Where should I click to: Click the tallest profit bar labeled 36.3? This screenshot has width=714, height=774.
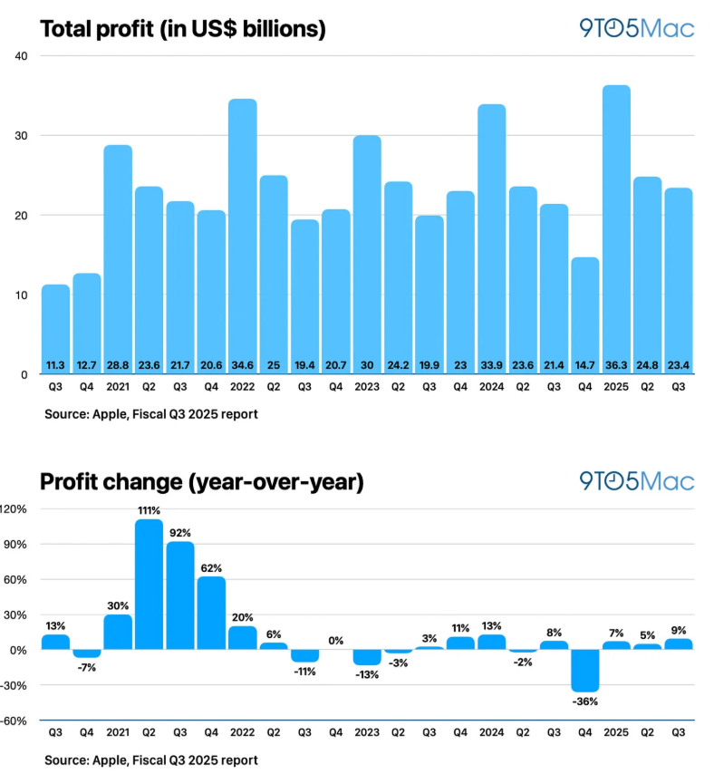click(x=617, y=227)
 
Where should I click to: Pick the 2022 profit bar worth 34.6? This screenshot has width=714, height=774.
click(x=242, y=236)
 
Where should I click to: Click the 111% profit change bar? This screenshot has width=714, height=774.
click(x=149, y=585)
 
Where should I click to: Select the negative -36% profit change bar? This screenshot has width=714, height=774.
click(x=585, y=670)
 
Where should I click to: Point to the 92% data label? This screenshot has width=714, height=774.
click(x=180, y=533)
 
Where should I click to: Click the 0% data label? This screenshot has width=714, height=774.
click(x=336, y=641)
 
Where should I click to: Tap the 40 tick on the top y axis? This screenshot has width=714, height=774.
click(x=21, y=56)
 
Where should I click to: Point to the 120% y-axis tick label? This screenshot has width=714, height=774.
click(x=15, y=509)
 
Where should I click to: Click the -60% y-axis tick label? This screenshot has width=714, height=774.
click(x=15, y=721)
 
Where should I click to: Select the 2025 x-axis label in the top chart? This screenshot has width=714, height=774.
click(x=617, y=386)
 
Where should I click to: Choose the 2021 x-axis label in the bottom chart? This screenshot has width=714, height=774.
click(x=118, y=732)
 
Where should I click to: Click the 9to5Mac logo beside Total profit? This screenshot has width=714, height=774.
click(x=637, y=28)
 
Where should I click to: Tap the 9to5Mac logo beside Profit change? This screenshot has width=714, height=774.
click(x=637, y=480)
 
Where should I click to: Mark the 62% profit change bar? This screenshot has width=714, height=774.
click(x=211, y=614)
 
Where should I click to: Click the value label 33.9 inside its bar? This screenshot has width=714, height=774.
click(x=492, y=364)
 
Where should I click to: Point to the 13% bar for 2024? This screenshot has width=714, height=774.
click(x=492, y=642)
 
